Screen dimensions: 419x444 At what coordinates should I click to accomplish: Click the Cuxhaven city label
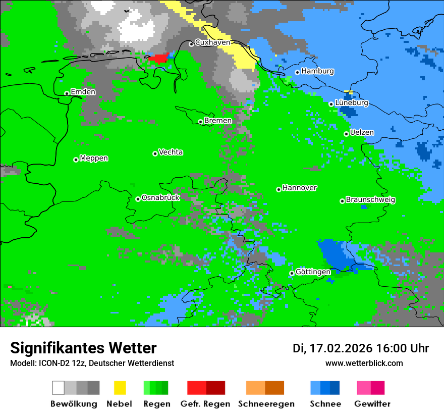tap(212, 43)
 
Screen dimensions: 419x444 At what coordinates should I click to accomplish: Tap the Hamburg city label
tap(317, 71)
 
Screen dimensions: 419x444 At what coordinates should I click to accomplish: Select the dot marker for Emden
tap(67, 93)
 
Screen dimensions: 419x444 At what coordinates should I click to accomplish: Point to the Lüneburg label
tap(352, 103)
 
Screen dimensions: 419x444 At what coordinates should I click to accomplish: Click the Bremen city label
tap(218, 121)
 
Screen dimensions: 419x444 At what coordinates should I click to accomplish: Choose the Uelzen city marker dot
tap(346, 134)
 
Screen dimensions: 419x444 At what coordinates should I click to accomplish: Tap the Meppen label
tap(94, 159)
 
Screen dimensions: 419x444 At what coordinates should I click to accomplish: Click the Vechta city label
tap(171, 152)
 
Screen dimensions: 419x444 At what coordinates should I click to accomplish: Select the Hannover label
tap(300, 188)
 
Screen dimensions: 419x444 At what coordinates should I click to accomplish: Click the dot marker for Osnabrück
tap(138, 199)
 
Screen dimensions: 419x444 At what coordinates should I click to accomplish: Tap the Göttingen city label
tap(313, 272)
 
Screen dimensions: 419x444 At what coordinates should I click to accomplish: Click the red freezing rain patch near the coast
tap(159, 58)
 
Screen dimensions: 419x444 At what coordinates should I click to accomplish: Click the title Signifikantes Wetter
tap(83, 348)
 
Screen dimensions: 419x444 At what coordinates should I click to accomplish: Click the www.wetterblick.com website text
tap(364, 363)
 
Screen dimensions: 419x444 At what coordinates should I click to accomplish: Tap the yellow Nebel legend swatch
tap(120, 388)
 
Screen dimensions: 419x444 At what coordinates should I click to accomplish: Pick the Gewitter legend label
tap(372, 404)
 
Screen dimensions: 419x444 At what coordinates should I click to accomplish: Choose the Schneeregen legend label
tap(266, 404)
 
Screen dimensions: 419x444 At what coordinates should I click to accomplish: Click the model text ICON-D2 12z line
tap(92, 363)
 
